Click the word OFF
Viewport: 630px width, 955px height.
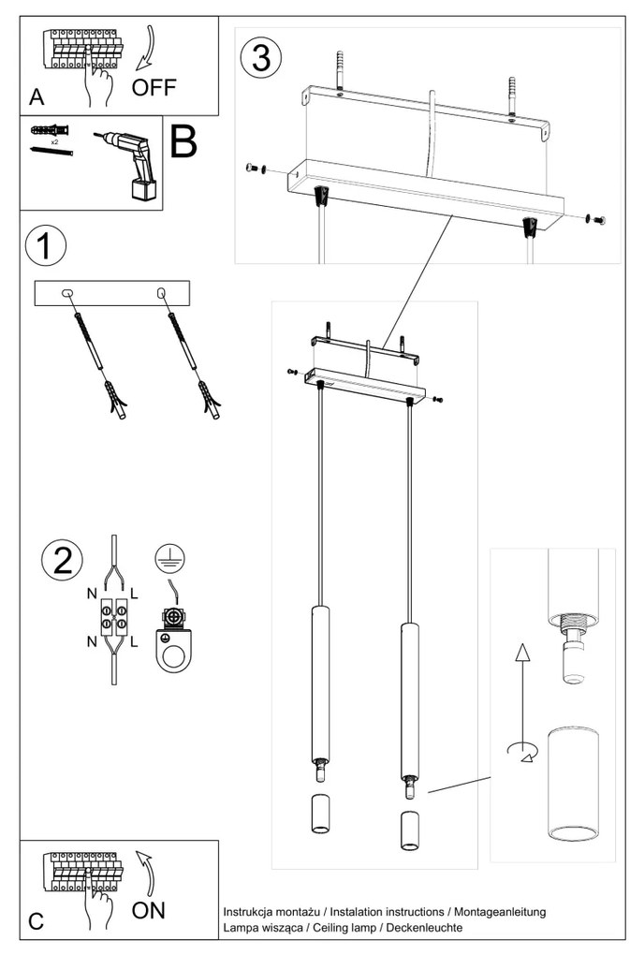[x=154, y=89]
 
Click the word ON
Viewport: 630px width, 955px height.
[x=148, y=910]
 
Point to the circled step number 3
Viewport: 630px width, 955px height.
[x=260, y=58]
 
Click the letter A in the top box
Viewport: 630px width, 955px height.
[x=37, y=96]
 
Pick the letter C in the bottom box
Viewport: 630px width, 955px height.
[x=36, y=920]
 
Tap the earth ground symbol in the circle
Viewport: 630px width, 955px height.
[x=169, y=559]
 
